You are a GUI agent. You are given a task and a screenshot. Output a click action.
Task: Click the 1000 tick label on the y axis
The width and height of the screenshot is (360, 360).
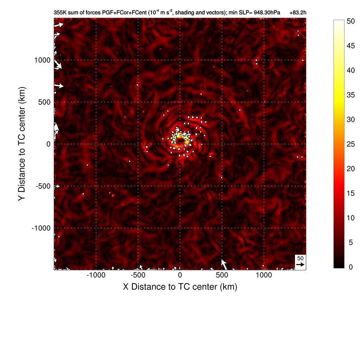click(x=43, y=60)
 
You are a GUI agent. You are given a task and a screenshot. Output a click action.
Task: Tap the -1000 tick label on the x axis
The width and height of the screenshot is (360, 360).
click(x=96, y=275)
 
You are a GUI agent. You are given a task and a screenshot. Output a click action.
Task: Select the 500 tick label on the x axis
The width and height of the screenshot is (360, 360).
click(x=222, y=275)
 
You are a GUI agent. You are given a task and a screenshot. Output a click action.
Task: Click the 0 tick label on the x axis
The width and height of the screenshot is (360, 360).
click(x=180, y=275)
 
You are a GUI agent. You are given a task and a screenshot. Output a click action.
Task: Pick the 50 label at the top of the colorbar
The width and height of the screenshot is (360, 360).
click(x=351, y=21)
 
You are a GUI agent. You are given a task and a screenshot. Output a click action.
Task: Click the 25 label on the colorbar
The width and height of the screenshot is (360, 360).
click(x=351, y=144)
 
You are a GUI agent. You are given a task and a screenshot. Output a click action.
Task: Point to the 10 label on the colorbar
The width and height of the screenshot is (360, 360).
click(x=351, y=218)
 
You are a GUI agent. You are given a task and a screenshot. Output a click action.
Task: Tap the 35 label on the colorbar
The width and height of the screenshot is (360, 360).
click(x=351, y=95)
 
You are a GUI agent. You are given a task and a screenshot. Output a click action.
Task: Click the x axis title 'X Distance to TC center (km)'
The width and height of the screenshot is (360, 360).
click(x=180, y=287)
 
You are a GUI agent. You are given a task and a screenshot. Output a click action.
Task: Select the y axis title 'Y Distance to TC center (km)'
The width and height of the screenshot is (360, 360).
click(x=23, y=144)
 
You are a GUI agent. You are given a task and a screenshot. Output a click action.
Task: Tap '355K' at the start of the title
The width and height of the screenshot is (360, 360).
click(x=60, y=13)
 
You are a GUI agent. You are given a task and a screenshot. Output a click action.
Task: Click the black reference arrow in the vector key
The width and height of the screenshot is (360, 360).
click(x=300, y=264)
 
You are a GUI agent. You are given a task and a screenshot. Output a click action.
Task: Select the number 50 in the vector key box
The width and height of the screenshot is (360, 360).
click(x=300, y=258)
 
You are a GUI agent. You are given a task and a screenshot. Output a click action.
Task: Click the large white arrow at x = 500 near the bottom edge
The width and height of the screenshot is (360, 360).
click(x=224, y=264)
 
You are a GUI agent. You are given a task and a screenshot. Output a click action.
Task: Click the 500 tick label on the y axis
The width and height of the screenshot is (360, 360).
click(x=44, y=102)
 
